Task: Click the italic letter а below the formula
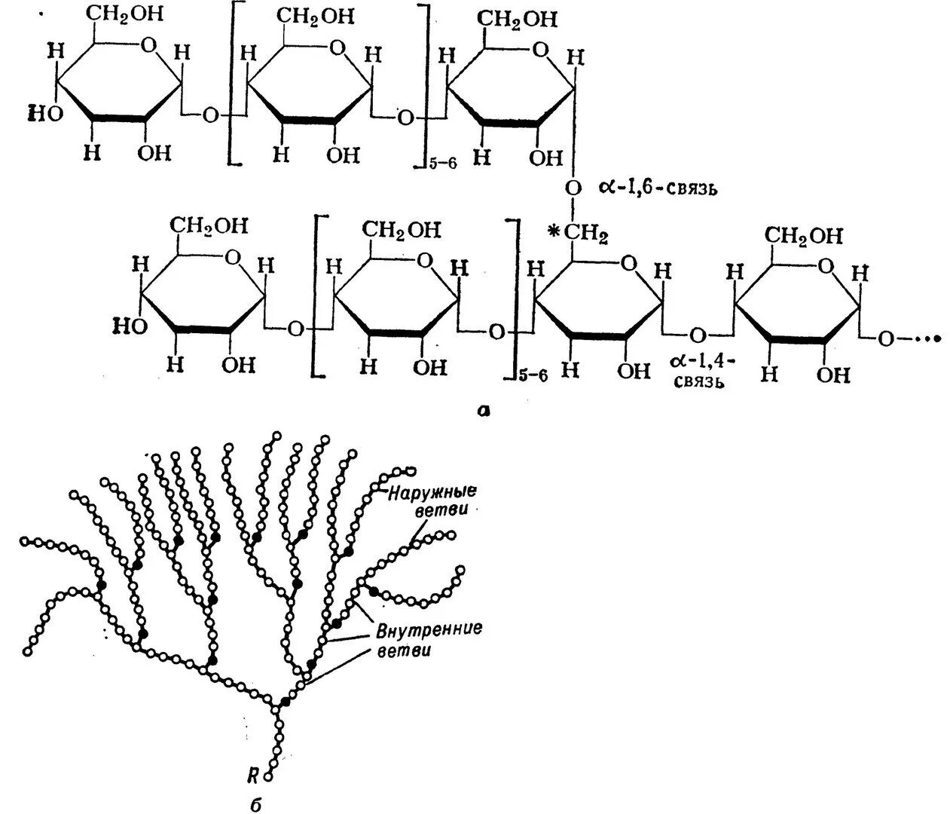pos(484,410)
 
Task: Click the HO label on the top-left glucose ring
pos(44,113)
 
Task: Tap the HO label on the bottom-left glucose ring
pos(130,325)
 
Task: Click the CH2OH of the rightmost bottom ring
pos(805,236)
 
